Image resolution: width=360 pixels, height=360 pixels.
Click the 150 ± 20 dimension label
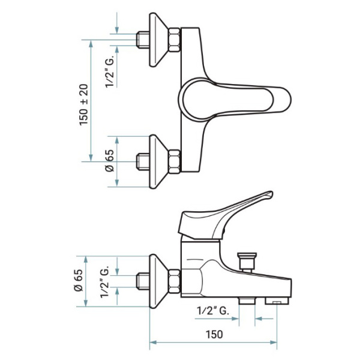coord(84,105)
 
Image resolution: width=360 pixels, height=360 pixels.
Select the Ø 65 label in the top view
coord(110,160)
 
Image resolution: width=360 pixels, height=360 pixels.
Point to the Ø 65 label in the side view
coord(79,280)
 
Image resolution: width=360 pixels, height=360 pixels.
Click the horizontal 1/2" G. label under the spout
coord(213,311)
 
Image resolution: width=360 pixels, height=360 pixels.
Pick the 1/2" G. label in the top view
coord(110,73)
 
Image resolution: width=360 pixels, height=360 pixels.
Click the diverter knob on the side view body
coord(247,262)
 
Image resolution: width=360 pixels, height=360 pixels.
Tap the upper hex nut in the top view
coord(174,40)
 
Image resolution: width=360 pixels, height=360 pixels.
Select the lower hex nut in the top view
coord(174,161)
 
